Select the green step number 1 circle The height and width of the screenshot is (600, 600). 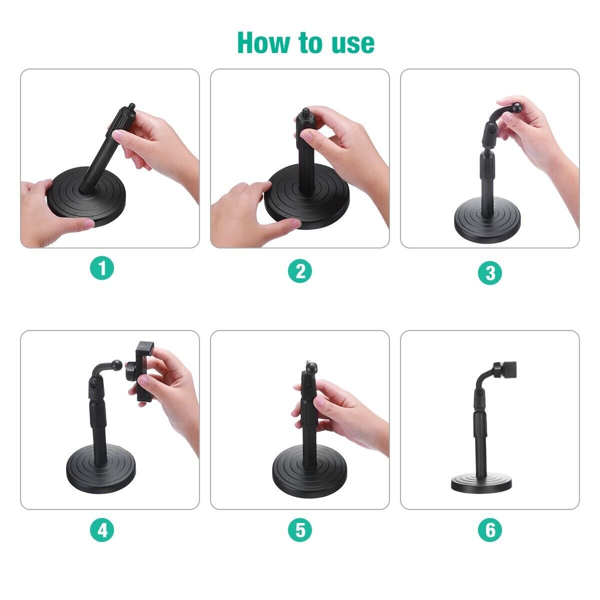click(102, 268)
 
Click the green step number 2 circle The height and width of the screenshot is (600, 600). click(300, 271)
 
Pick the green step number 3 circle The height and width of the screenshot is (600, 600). click(490, 273)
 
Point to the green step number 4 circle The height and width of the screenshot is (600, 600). click(102, 529)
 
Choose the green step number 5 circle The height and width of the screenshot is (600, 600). click(300, 529)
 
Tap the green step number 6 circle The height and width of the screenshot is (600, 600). click(490, 529)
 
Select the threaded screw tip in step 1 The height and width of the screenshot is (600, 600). click(132, 106)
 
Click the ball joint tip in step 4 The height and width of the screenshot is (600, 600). click(117, 364)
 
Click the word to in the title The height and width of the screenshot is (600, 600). click(310, 44)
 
